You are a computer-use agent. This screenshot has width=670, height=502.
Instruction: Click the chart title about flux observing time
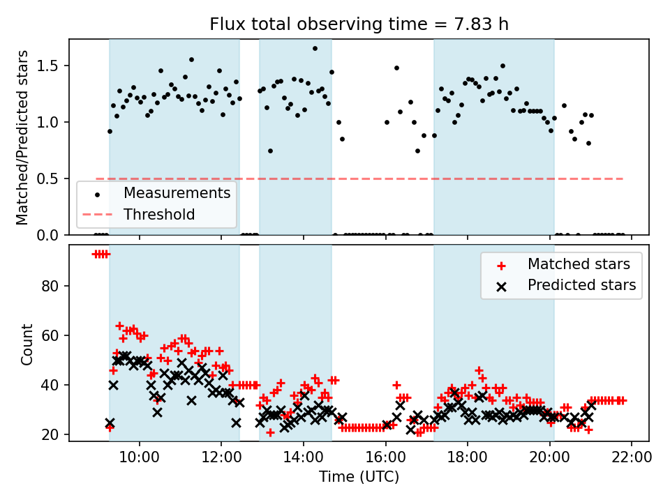[x=359, y=24]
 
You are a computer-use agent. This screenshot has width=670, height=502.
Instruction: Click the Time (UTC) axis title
[x=359, y=477]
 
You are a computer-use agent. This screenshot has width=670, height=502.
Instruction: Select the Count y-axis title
[x=27, y=344]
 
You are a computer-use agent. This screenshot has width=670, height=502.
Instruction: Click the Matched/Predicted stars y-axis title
[x=22, y=137]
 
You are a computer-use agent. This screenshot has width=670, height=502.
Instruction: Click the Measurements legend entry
[x=177, y=192]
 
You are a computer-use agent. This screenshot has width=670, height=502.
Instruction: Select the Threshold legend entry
[x=159, y=215]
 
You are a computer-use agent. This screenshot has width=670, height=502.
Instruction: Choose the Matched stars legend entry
[x=579, y=264]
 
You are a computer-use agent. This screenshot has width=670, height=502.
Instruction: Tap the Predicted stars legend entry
[x=581, y=285]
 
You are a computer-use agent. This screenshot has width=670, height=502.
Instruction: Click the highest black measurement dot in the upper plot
[x=315, y=48]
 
